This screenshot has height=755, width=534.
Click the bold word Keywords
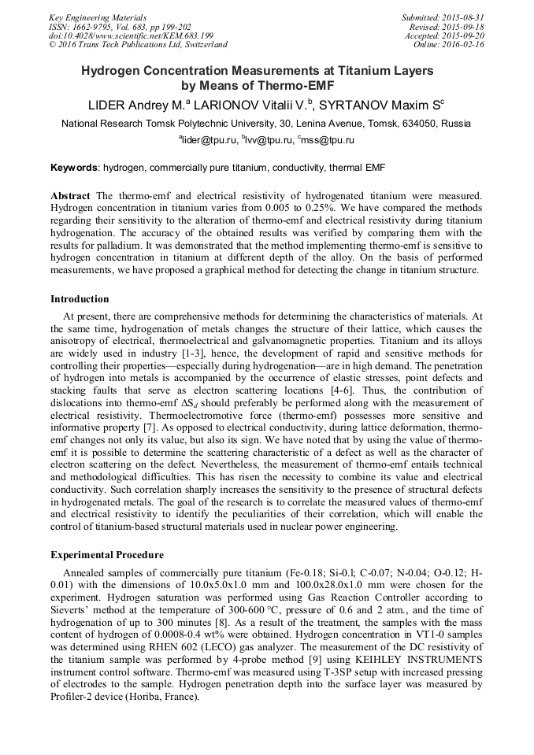[x=75, y=168]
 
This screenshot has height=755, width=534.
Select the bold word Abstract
[x=70, y=194]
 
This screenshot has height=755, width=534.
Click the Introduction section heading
[x=80, y=299]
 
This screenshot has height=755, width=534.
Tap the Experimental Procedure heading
[x=107, y=555]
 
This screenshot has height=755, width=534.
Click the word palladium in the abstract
[x=116, y=245]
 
